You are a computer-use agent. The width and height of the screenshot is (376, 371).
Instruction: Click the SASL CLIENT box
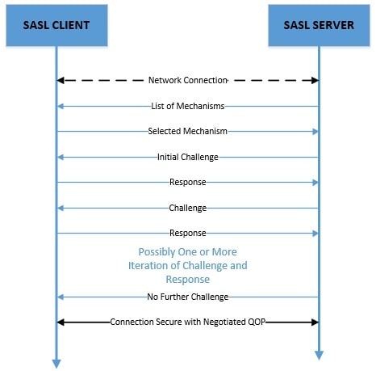coord(56,25)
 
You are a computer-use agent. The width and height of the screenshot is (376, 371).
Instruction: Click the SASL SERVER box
coord(319,25)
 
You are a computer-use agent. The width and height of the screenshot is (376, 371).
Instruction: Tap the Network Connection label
coord(188,80)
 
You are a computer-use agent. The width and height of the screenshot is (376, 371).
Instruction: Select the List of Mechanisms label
coord(188,106)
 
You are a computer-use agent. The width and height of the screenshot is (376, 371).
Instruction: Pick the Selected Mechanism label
coord(188,131)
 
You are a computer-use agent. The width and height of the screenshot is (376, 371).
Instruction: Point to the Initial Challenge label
coord(188,157)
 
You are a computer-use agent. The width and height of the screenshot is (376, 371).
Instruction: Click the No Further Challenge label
coord(188,297)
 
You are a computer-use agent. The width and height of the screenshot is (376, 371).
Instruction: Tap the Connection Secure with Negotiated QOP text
coord(188,322)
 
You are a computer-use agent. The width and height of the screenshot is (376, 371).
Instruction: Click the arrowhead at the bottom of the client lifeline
coord(56,364)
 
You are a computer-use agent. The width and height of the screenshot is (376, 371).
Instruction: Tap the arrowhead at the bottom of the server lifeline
coord(319,356)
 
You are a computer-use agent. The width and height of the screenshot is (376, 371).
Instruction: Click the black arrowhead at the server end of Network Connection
coord(315,80)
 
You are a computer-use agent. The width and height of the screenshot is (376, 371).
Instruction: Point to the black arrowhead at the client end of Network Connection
coord(61,80)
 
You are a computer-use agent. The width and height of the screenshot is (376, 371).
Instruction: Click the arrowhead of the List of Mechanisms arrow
coord(61,107)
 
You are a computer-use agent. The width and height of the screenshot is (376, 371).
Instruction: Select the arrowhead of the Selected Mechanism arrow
coord(315,132)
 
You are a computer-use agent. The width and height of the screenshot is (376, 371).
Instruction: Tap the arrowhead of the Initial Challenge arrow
coord(61,157)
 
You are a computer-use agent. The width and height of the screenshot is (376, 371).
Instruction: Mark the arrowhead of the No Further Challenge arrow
coord(61,297)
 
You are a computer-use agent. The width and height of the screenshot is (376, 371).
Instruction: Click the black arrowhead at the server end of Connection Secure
coord(315,322)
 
